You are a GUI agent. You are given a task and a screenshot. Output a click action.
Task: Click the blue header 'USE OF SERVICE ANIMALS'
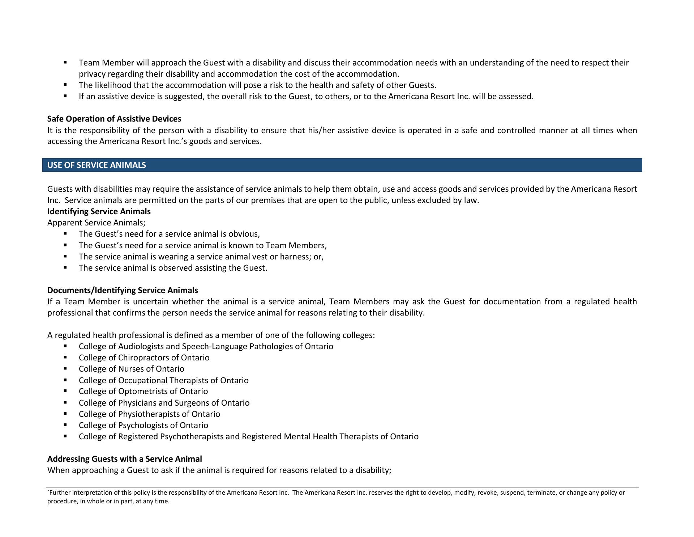point(97,165)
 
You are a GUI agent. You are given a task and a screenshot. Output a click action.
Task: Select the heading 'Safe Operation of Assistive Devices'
point(114,119)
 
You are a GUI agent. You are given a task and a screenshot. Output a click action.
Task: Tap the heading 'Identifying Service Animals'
point(99,211)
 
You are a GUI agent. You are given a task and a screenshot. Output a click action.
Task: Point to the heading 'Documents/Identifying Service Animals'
point(123,290)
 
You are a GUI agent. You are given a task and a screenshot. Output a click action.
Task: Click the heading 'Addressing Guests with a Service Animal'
point(124,459)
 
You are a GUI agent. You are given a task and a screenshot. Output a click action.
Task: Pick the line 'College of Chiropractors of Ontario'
point(144,358)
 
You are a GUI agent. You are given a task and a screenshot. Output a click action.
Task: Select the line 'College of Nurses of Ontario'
point(131,369)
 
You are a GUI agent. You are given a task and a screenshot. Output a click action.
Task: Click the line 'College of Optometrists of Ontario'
point(143,391)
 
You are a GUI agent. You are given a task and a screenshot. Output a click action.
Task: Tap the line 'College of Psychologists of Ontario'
point(143,425)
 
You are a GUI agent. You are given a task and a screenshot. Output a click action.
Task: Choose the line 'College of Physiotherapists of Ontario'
point(149,414)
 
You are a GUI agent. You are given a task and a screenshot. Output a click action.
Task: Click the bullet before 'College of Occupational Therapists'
point(65,380)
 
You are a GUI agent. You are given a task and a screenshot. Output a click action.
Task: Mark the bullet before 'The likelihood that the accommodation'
point(65,85)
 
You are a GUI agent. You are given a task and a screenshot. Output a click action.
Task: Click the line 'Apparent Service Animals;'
point(96,223)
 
